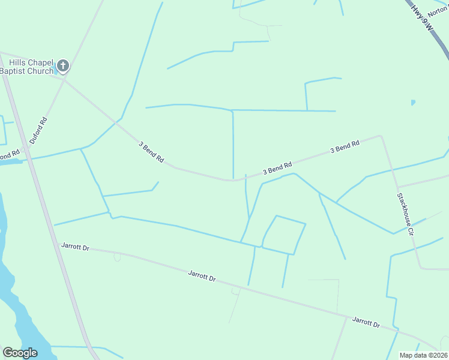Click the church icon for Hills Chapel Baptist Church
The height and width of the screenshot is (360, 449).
pos(62,66)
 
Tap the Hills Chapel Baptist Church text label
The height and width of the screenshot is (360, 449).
pos(26,67)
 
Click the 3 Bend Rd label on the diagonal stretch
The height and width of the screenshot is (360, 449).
pos(151,152)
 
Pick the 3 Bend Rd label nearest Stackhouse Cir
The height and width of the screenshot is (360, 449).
pos(345,147)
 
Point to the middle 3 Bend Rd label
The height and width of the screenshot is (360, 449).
pos(277,169)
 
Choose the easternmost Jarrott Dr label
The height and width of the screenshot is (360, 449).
pos(366,322)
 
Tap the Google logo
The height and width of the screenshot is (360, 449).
pos(20,353)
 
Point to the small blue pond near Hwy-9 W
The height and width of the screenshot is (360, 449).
pos(412,103)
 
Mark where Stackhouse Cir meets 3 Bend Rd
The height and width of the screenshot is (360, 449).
pos(381,136)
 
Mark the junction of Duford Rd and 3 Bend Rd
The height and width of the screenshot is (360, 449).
pos(65,79)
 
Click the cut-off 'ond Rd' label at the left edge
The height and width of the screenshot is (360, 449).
pos(10,153)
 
